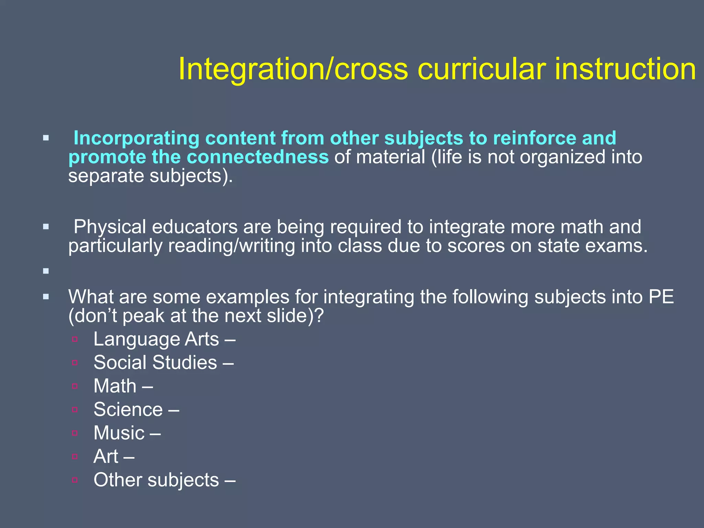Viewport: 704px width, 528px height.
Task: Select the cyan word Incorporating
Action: pos(136,138)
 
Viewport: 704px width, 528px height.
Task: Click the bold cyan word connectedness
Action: pos(257,157)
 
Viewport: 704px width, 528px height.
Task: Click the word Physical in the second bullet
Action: pos(110,227)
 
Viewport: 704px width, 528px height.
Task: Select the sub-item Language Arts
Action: pos(156,339)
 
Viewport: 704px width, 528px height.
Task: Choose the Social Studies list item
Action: pos(155,363)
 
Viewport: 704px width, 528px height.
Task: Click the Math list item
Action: pos(115,386)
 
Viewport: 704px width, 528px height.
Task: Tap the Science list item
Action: pos(128,409)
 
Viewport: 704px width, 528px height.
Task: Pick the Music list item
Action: pos(119,433)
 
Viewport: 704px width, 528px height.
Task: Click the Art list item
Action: pos(106,456)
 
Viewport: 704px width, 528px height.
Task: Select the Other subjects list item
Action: pos(156,480)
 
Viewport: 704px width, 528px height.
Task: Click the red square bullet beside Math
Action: pos(75,386)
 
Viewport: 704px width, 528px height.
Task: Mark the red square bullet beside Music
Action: pos(75,433)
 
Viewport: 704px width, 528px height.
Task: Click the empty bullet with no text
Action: pos(46,271)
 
